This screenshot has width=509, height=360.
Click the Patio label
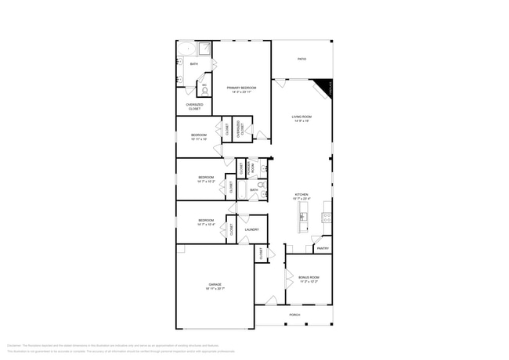[301, 59]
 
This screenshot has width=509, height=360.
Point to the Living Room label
[301, 117]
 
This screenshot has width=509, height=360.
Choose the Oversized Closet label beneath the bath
[194, 106]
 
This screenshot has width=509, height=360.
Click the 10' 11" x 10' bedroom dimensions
[198, 139]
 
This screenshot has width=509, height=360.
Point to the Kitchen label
[301, 194]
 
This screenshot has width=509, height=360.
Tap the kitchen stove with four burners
[327, 217]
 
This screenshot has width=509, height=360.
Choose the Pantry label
[323, 249]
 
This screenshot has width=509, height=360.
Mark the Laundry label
[251, 229]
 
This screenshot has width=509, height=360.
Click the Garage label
[215, 284]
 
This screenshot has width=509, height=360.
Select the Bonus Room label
[309, 277]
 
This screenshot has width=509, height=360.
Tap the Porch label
[294, 315]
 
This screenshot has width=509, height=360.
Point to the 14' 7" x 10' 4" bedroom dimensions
[206, 225]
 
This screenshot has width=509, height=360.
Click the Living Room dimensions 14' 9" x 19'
[301, 121]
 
